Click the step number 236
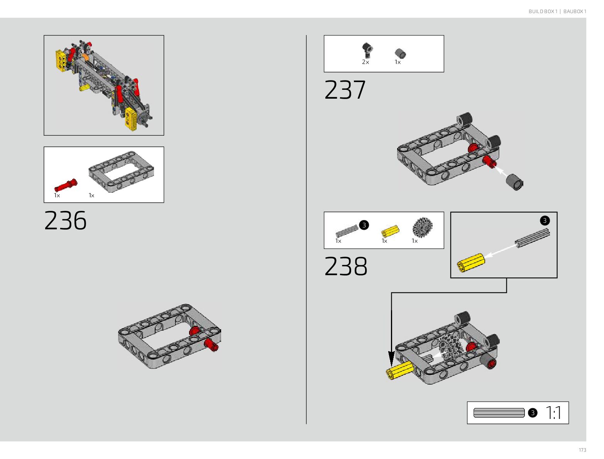pyautogui.click(x=66, y=220)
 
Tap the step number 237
pyautogui.click(x=345, y=90)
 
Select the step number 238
pyautogui.click(x=346, y=266)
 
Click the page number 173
pyautogui.click(x=582, y=450)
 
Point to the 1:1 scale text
pyautogui.click(x=553, y=413)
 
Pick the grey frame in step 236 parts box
pyautogui.click(x=121, y=171)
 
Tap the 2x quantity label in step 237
pyautogui.click(x=365, y=62)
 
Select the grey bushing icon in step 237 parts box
pyautogui.click(x=400, y=53)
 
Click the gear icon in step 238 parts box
pyautogui.click(x=422, y=227)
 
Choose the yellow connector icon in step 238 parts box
pyautogui.click(x=390, y=232)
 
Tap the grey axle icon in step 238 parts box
pyautogui.click(x=347, y=231)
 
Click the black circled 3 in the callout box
pyautogui.click(x=545, y=221)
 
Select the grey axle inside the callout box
pyautogui.click(x=532, y=238)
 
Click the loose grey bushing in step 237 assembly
pyautogui.click(x=514, y=182)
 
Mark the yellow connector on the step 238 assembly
pyautogui.click(x=400, y=370)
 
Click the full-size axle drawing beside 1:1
pyautogui.click(x=499, y=413)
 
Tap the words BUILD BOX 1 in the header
pyautogui.click(x=543, y=12)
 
